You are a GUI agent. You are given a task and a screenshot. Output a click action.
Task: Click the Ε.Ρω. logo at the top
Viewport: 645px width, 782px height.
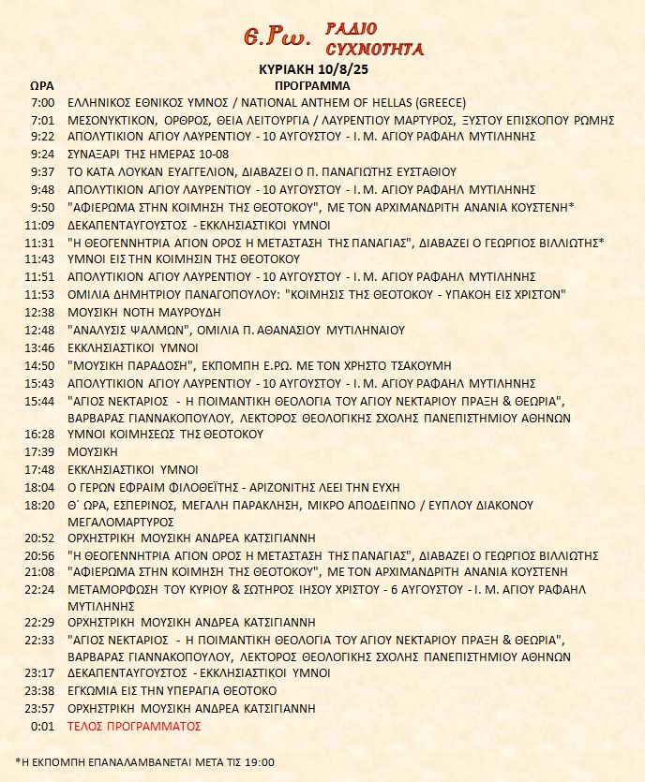(277, 38)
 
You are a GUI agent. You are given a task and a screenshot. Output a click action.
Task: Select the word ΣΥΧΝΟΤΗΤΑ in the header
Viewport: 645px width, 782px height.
(373, 49)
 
